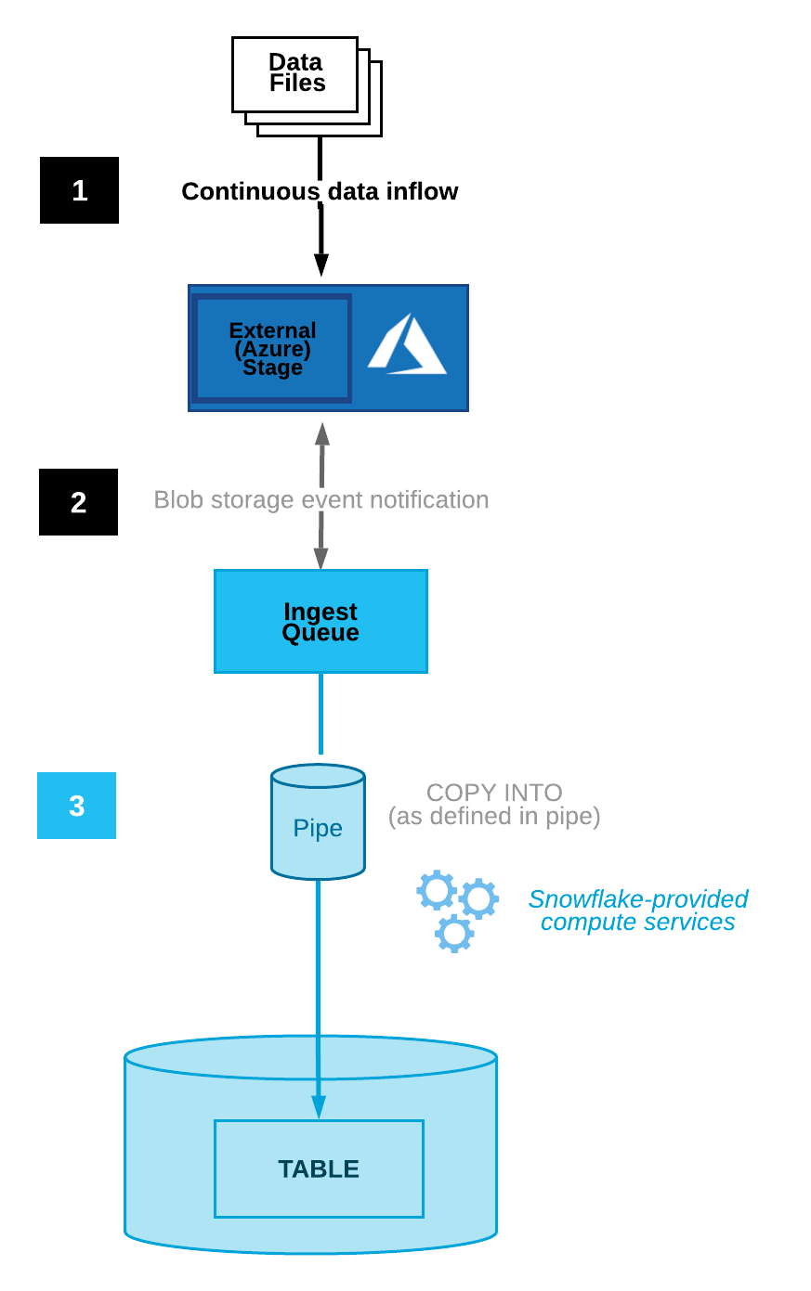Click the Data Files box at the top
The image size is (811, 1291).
[295, 74]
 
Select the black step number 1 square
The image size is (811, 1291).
[79, 190]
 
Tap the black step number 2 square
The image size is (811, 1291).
[78, 502]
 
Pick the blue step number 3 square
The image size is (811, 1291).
[76, 806]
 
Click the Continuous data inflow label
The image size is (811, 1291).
[320, 191]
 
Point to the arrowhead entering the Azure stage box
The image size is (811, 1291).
[320, 265]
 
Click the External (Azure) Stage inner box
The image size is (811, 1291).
[271, 349]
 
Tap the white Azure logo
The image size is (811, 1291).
[407, 346]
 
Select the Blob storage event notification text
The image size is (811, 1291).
[320, 500]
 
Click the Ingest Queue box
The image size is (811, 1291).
[320, 622]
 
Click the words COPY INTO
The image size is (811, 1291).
[494, 793]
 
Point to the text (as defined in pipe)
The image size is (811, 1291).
[494, 817]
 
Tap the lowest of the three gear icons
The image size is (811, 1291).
[454, 934]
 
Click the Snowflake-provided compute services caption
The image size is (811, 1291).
[637, 910]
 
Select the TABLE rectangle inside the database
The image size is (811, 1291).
[319, 1169]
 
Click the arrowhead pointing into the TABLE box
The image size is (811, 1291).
[319, 1107]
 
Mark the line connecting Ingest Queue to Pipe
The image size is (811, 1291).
[320, 713]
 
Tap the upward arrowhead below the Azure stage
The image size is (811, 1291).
[321, 432]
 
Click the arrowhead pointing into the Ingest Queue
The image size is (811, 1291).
[320, 559]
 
